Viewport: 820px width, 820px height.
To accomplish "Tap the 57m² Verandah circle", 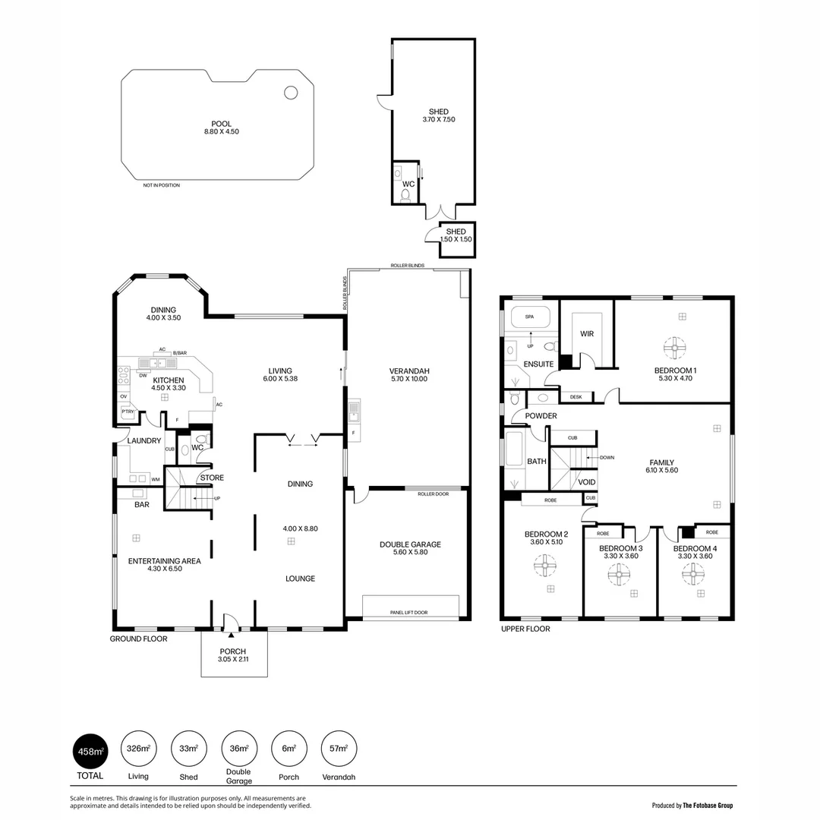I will pos(339,749).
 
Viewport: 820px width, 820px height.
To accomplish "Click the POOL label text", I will pos(222,124).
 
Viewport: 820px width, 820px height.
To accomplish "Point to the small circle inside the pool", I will pos(291,93).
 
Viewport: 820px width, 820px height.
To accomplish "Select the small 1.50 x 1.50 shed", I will pos(456,235).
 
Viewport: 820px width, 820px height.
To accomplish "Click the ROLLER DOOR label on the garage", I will pos(433,494).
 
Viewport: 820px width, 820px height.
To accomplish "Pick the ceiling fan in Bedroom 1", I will pos(675,348).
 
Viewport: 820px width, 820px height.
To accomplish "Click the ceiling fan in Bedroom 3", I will pos(613,574).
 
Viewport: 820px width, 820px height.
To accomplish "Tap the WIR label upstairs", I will pos(586,333).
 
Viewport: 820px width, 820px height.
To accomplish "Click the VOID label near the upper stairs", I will pos(587,482).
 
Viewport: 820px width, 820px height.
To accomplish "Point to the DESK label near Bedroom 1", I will pos(576,396).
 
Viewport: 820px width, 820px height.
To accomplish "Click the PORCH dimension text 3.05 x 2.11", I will pos(233,660).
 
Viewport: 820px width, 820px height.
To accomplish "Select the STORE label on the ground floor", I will pos(212,478).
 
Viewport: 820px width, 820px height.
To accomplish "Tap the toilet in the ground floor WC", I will pos(201,440).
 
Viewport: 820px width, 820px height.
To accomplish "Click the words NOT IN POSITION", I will pos(162,185).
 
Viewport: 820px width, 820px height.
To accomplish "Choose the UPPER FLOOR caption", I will pos(525,629).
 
